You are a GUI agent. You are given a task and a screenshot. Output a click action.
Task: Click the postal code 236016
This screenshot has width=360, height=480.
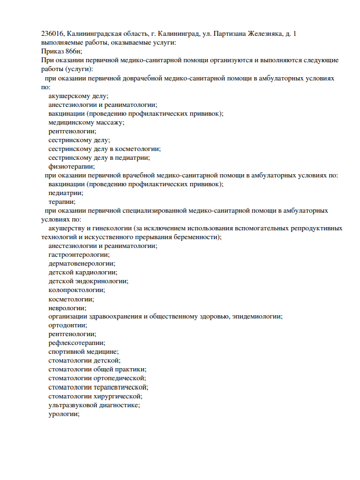tap(53, 34)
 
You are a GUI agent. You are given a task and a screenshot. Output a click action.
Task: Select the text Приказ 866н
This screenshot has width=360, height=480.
tap(61, 51)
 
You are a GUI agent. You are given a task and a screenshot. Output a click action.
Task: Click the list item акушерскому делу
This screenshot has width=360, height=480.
tap(78, 96)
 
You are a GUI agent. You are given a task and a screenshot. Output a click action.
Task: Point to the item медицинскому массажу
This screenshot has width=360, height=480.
tap(86, 122)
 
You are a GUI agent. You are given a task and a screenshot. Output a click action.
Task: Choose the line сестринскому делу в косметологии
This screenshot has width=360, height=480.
tap(104, 149)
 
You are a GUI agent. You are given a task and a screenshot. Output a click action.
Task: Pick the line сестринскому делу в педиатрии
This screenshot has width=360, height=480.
tap(99, 158)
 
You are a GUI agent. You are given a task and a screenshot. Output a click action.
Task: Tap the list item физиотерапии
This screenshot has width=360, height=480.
tap(71, 166)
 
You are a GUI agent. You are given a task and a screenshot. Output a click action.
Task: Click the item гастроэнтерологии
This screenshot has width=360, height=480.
tap(79, 255)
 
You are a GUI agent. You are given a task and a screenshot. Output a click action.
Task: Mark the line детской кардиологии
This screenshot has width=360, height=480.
tap(83, 272)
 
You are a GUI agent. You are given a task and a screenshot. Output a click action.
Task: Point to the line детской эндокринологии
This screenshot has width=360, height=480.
tap(88, 281)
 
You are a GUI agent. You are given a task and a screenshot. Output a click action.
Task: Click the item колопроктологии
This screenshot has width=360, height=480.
tap(77, 290)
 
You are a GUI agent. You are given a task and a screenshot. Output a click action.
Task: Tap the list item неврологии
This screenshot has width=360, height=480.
tap(67, 308)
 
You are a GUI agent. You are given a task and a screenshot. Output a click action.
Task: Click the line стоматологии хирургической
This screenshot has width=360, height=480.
tap(95, 396)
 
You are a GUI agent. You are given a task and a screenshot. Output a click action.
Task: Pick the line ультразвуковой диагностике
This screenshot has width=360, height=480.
tap(94, 405)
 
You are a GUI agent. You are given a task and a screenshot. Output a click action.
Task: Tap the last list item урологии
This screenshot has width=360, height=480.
tap(64, 413)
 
